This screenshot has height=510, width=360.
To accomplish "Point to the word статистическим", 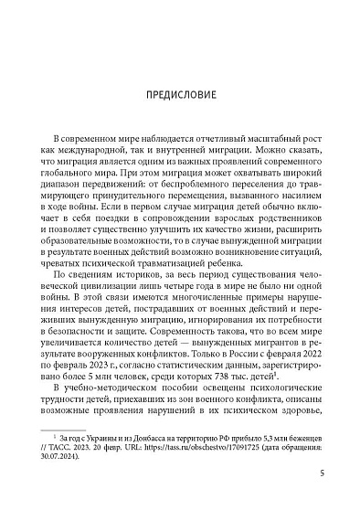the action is point(155,361).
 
